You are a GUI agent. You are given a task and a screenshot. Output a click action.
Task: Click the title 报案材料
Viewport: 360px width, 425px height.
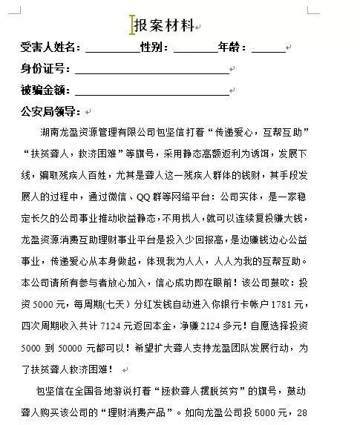click(164, 26)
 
